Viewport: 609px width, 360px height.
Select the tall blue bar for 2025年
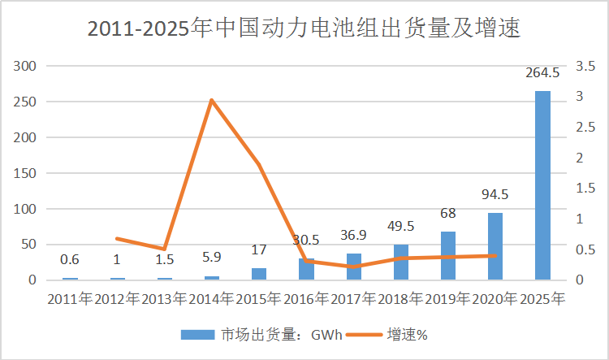(542, 185)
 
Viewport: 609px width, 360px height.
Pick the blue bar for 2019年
(448, 256)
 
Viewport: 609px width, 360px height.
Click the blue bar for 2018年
(401, 262)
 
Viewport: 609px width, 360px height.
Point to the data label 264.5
(542, 73)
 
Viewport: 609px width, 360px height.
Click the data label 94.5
(495, 195)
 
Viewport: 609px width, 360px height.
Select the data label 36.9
(354, 236)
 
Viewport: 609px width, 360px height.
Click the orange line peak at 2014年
(211, 100)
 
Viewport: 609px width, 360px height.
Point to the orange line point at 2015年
(259, 165)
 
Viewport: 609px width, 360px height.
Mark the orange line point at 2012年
(117, 238)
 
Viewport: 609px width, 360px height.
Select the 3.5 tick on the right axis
(586, 67)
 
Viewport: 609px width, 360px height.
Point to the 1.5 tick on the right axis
(586, 189)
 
